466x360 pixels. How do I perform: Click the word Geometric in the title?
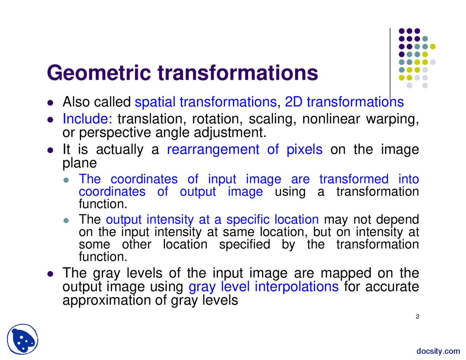point(99,73)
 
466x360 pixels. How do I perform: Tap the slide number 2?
point(417,317)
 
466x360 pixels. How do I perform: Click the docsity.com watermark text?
point(438,351)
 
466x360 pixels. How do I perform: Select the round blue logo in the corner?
point(23,339)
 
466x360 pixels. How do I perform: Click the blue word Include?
point(87,119)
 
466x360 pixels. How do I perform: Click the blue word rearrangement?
point(213,150)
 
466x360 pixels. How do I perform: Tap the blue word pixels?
point(304,150)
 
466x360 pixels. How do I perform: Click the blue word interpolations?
point(297,287)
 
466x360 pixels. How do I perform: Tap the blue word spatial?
point(155,102)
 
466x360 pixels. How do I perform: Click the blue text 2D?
point(293,102)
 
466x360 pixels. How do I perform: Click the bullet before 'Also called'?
point(50,103)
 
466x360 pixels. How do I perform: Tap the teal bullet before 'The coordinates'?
point(66,180)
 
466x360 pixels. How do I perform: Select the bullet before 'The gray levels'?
point(50,274)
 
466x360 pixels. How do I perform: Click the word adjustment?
point(230,133)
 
